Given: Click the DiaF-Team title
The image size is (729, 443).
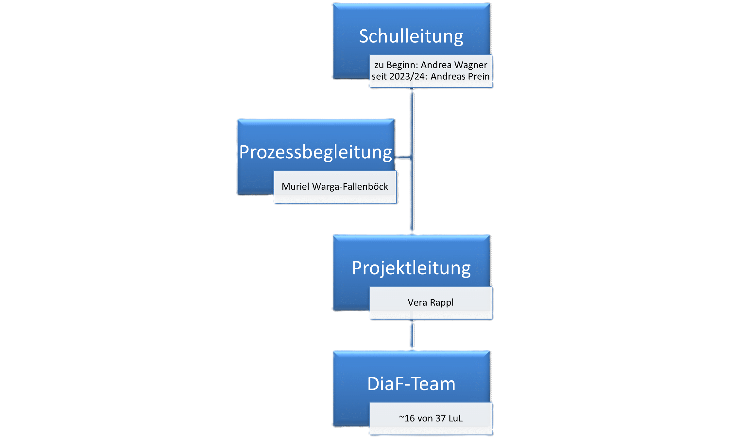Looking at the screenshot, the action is click(411, 384).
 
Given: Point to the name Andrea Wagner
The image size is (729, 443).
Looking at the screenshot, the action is click(454, 65).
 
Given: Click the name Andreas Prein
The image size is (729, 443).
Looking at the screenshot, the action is click(460, 76).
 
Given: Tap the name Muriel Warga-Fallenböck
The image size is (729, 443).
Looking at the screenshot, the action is click(335, 186).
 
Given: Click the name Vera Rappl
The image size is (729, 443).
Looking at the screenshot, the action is click(431, 303).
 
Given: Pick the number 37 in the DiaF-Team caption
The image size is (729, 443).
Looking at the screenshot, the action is click(441, 418).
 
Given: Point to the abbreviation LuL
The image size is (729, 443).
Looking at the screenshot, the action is click(456, 418).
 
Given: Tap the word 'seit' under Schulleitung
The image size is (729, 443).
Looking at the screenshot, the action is click(379, 76).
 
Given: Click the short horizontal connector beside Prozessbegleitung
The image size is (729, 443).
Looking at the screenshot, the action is click(403, 157).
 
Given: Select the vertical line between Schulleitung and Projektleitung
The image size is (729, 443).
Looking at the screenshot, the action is click(412, 162).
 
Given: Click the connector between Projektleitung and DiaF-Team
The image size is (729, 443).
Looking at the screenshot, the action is click(412, 335).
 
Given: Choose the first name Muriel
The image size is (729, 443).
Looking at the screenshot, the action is click(296, 186).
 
